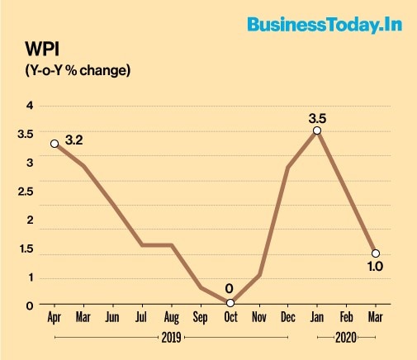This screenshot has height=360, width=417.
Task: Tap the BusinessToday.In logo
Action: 324,25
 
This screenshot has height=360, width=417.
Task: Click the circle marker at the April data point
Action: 54,144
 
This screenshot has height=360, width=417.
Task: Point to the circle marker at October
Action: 230,304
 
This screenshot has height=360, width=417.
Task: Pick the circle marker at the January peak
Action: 317,130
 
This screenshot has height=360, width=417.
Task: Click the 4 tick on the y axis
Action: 30,105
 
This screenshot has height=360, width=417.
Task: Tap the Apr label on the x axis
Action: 54,317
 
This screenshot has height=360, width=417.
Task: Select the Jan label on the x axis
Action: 317,317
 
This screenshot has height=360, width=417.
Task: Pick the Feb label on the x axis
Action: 347,317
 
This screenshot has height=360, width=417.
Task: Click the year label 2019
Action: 171,338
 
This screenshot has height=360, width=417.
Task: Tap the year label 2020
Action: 346,338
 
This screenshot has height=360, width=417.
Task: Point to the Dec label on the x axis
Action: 288,317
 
